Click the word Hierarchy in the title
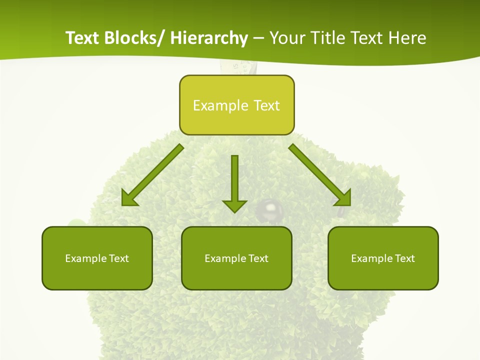point(209,38)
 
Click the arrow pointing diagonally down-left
point(152,175)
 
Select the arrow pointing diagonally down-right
point(320,175)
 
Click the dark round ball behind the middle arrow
point(270,210)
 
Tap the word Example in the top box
point(220,105)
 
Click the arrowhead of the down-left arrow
point(129,198)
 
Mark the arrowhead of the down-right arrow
point(343,198)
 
